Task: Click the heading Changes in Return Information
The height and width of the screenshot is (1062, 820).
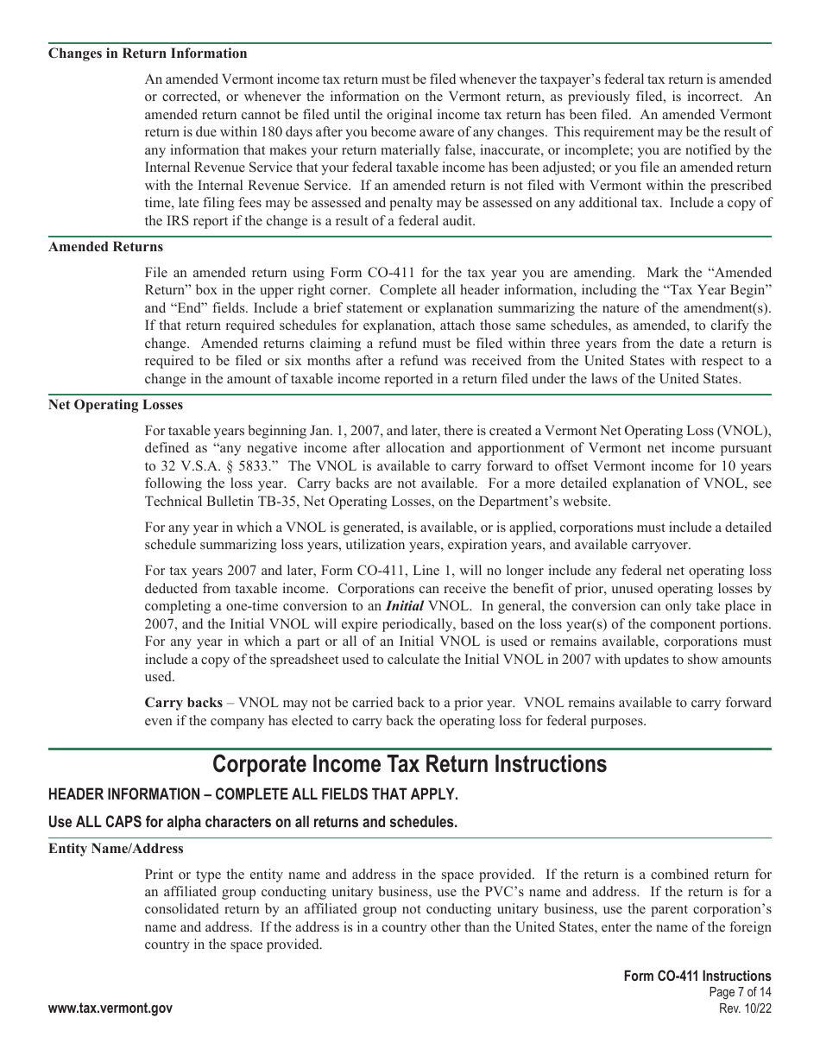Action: click(x=148, y=54)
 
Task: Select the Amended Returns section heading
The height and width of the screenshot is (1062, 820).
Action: click(x=105, y=247)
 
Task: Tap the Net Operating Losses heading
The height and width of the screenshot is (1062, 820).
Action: click(x=116, y=404)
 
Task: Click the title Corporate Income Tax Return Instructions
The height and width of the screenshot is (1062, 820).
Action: click(x=409, y=764)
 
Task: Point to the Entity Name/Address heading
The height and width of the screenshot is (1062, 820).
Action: click(x=116, y=849)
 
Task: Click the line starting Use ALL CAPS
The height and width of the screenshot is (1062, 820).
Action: click(x=253, y=822)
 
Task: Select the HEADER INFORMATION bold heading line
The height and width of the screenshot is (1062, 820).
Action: click(x=253, y=793)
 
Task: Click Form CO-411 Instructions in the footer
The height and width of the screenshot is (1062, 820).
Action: click(x=697, y=977)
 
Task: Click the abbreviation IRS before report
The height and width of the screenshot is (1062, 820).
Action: click(x=156, y=220)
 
